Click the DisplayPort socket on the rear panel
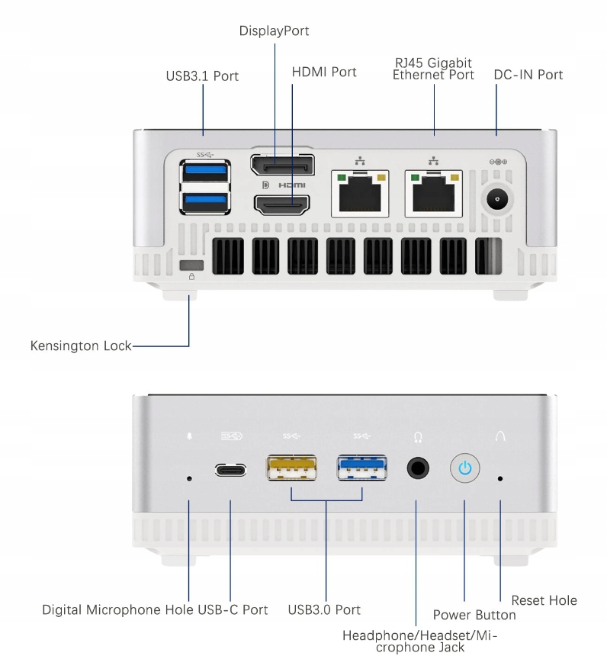[281, 166]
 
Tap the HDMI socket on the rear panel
[281, 204]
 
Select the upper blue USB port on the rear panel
[205, 171]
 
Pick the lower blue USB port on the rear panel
[205, 201]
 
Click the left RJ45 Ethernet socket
[359, 193]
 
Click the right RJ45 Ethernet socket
[434, 193]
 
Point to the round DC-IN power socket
[497, 201]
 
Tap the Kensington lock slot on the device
[191, 265]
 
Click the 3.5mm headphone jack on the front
[417, 468]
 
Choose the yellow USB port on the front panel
[291, 468]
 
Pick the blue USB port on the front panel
[362, 468]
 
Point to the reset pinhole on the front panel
[500, 479]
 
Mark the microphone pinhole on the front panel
[189, 479]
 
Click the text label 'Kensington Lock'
[80, 346]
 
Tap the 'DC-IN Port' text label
[528, 75]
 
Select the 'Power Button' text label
[474, 615]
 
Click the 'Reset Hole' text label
[544, 600]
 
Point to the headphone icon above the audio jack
[418, 437]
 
